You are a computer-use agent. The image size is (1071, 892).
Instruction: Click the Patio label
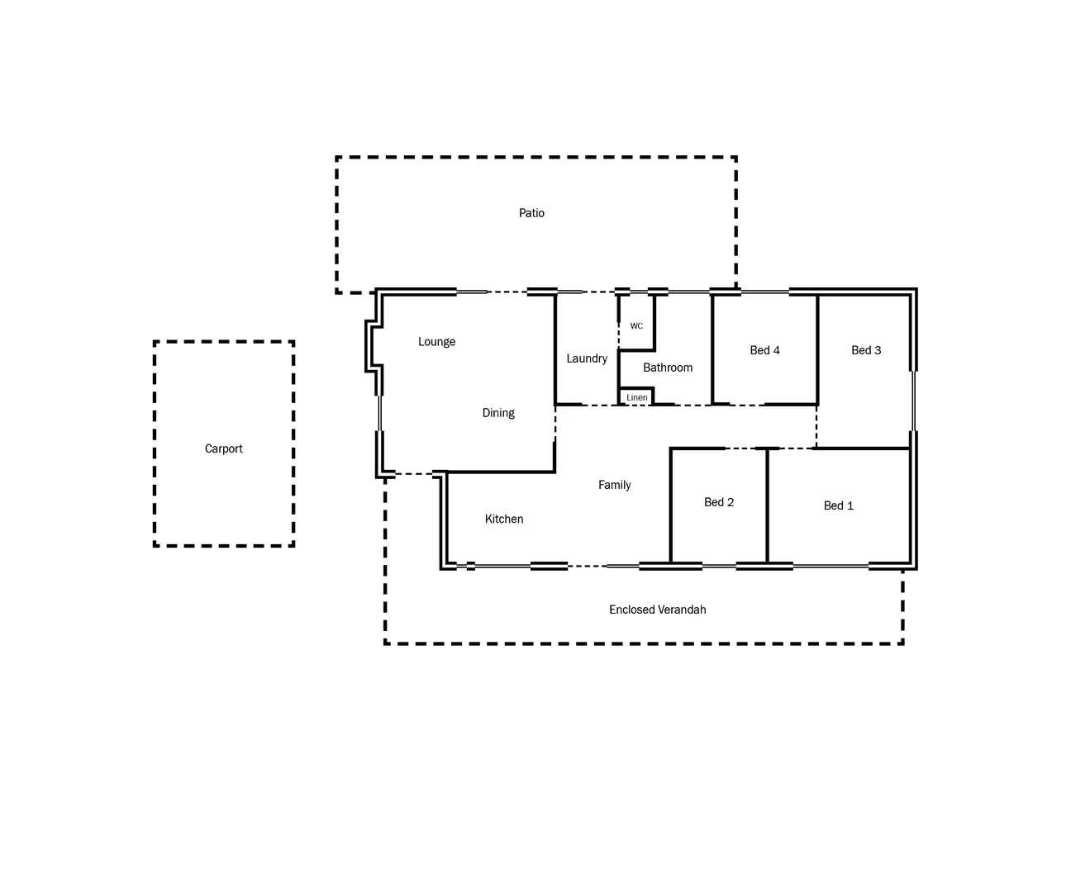pyautogui.click(x=531, y=213)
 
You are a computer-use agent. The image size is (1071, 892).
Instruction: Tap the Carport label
pyautogui.click(x=223, y=448)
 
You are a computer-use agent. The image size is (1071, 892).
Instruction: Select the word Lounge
pyautogui.click(x=436, y=342)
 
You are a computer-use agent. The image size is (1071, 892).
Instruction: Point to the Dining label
pyautogui.click(x=498, y=413)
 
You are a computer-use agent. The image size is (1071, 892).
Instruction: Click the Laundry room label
pyautogui.click(x=587, y=358)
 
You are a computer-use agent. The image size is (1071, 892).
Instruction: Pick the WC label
pyautogui.click(x=636, y=326)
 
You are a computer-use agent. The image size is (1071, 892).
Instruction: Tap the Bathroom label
pyautogui.click(x=668, y=368)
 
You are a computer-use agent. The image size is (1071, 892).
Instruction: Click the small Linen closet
pyautogui.click(x=636, y=397)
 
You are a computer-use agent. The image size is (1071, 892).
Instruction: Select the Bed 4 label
pyautogui.click(x=764, y=350)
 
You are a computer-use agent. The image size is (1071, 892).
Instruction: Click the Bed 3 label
pyautogui.click(x=866, y=350)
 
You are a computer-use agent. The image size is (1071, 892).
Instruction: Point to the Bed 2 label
pyautogui.click(x=719, y=502)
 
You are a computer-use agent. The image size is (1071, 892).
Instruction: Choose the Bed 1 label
pyautogui.click(x=838, y=505)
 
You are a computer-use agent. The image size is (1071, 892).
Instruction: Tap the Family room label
pyautogui.click(x=614, y=485)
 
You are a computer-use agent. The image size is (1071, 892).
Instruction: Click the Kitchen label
pyautogui.click(x=504, y=519)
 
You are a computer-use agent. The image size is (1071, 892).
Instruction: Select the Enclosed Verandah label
pyautogui.click(x=657, y=610)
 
